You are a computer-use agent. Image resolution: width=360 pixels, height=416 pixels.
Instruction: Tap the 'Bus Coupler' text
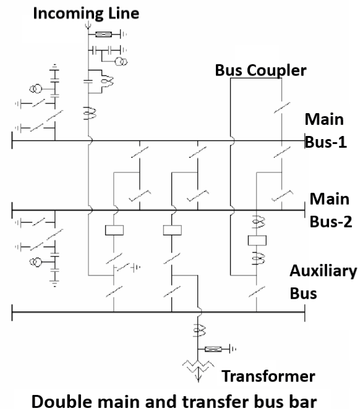[x=260, y=70]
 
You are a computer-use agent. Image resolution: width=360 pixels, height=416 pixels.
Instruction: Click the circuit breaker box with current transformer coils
[x=256, y=240]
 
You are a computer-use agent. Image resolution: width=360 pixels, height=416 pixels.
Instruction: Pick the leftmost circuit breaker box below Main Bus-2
[x=115, y=231]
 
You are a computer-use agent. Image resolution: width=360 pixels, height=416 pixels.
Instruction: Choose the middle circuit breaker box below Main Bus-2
[x=171, y=231]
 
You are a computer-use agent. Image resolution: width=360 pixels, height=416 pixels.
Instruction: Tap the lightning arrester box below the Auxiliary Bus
[x=213, y=350]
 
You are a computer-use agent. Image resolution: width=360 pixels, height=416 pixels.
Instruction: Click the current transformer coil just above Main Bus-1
[x=88, y=114]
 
